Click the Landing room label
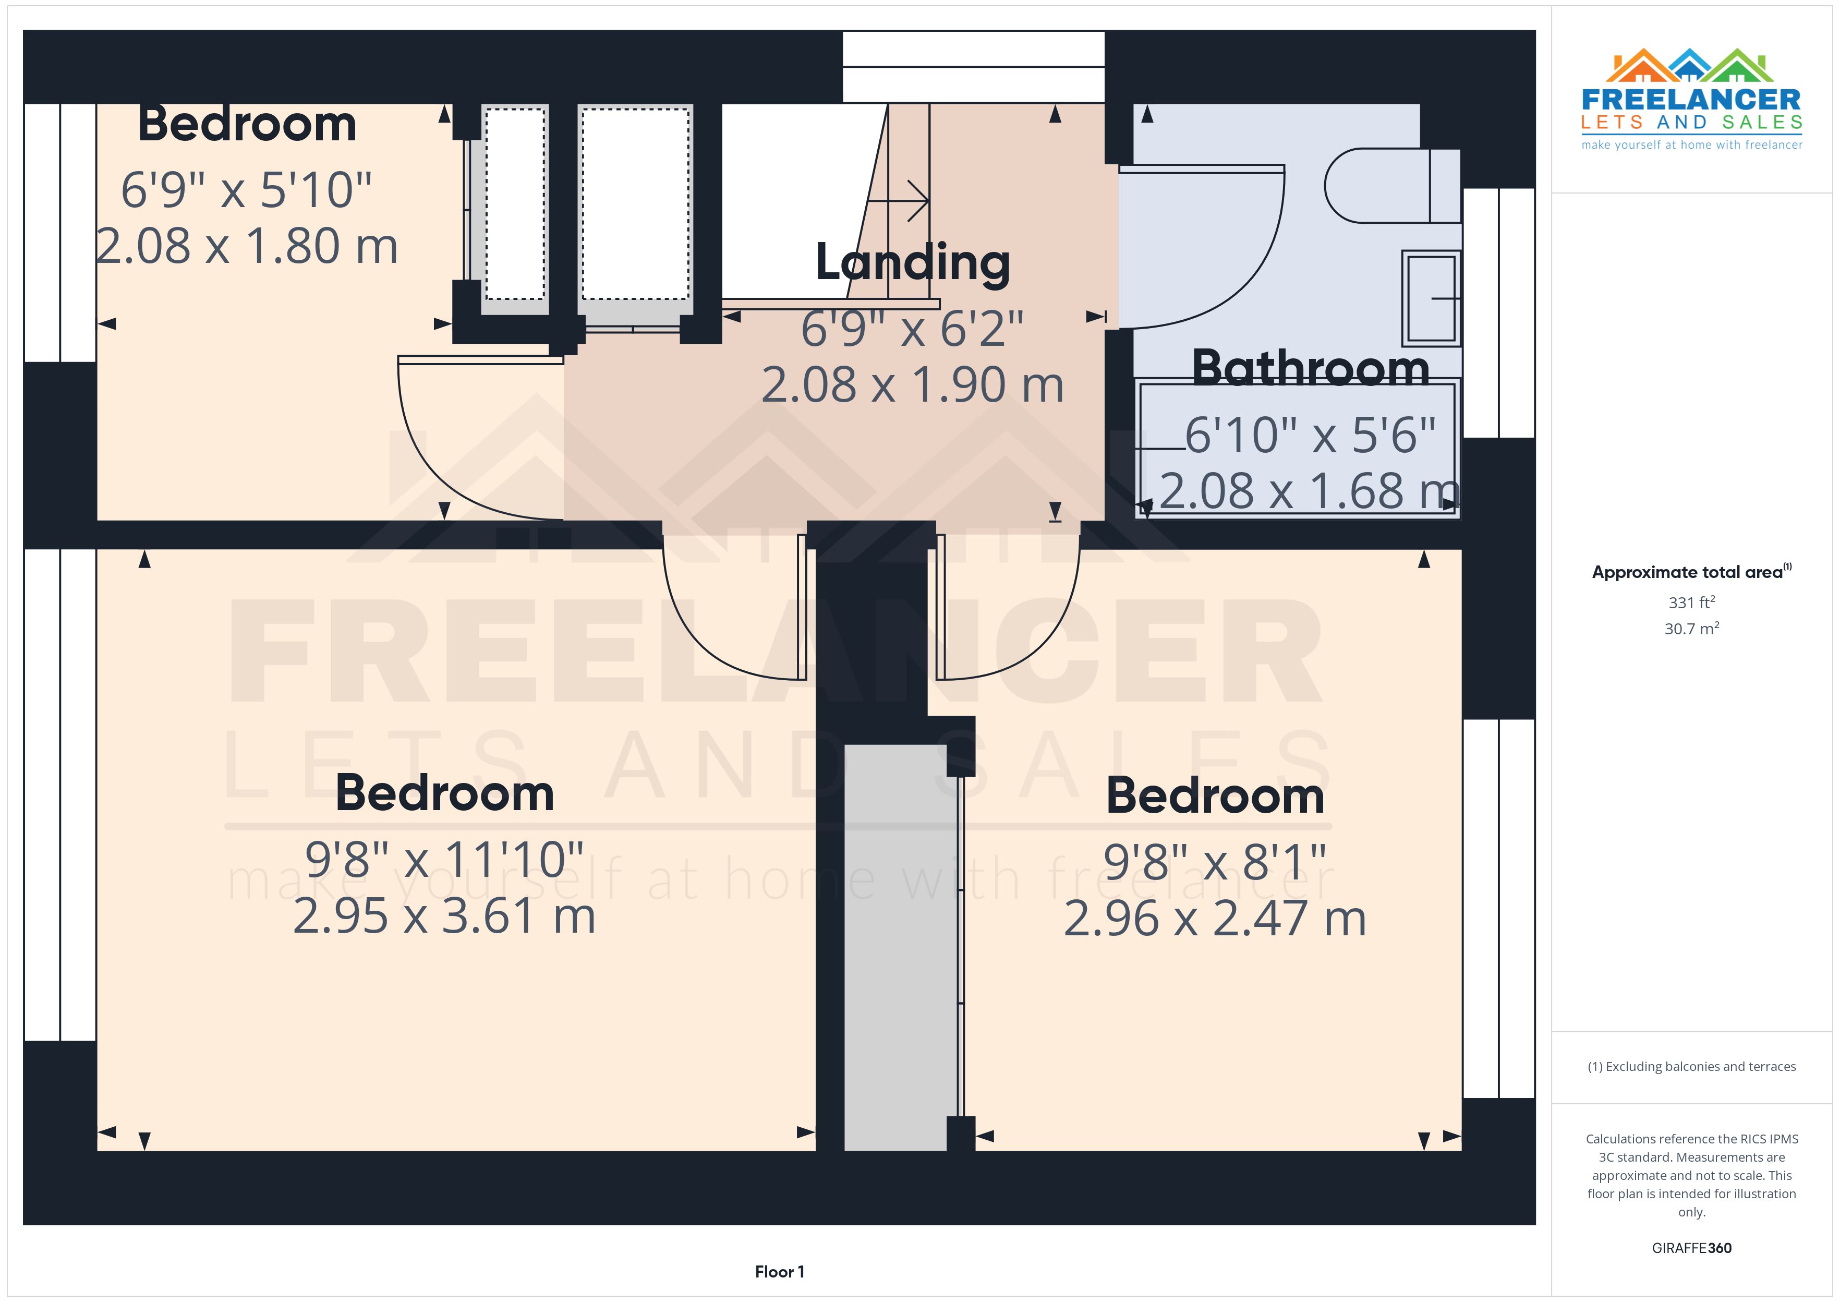(912, 263)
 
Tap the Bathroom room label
(1310, 369)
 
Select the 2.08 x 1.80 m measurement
(247, 246)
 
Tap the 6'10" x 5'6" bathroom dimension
(1310, 436)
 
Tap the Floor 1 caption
(779, 1272)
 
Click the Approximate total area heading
(1689, 572)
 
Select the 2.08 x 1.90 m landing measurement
(912, 385)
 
